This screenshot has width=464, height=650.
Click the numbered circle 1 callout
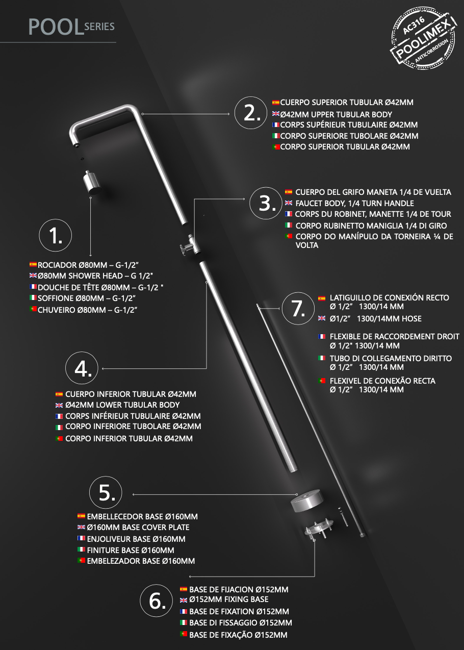56,235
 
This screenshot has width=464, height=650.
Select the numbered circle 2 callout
251,113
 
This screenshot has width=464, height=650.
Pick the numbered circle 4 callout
82,368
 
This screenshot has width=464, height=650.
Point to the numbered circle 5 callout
106,493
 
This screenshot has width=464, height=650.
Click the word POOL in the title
56,27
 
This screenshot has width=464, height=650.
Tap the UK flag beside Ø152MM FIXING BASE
184,600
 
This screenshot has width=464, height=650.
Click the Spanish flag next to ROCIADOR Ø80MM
33,265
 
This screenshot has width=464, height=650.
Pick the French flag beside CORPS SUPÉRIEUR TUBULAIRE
276,125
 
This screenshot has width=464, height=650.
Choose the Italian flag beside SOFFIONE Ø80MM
33,298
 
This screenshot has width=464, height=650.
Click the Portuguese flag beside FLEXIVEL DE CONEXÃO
322,381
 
